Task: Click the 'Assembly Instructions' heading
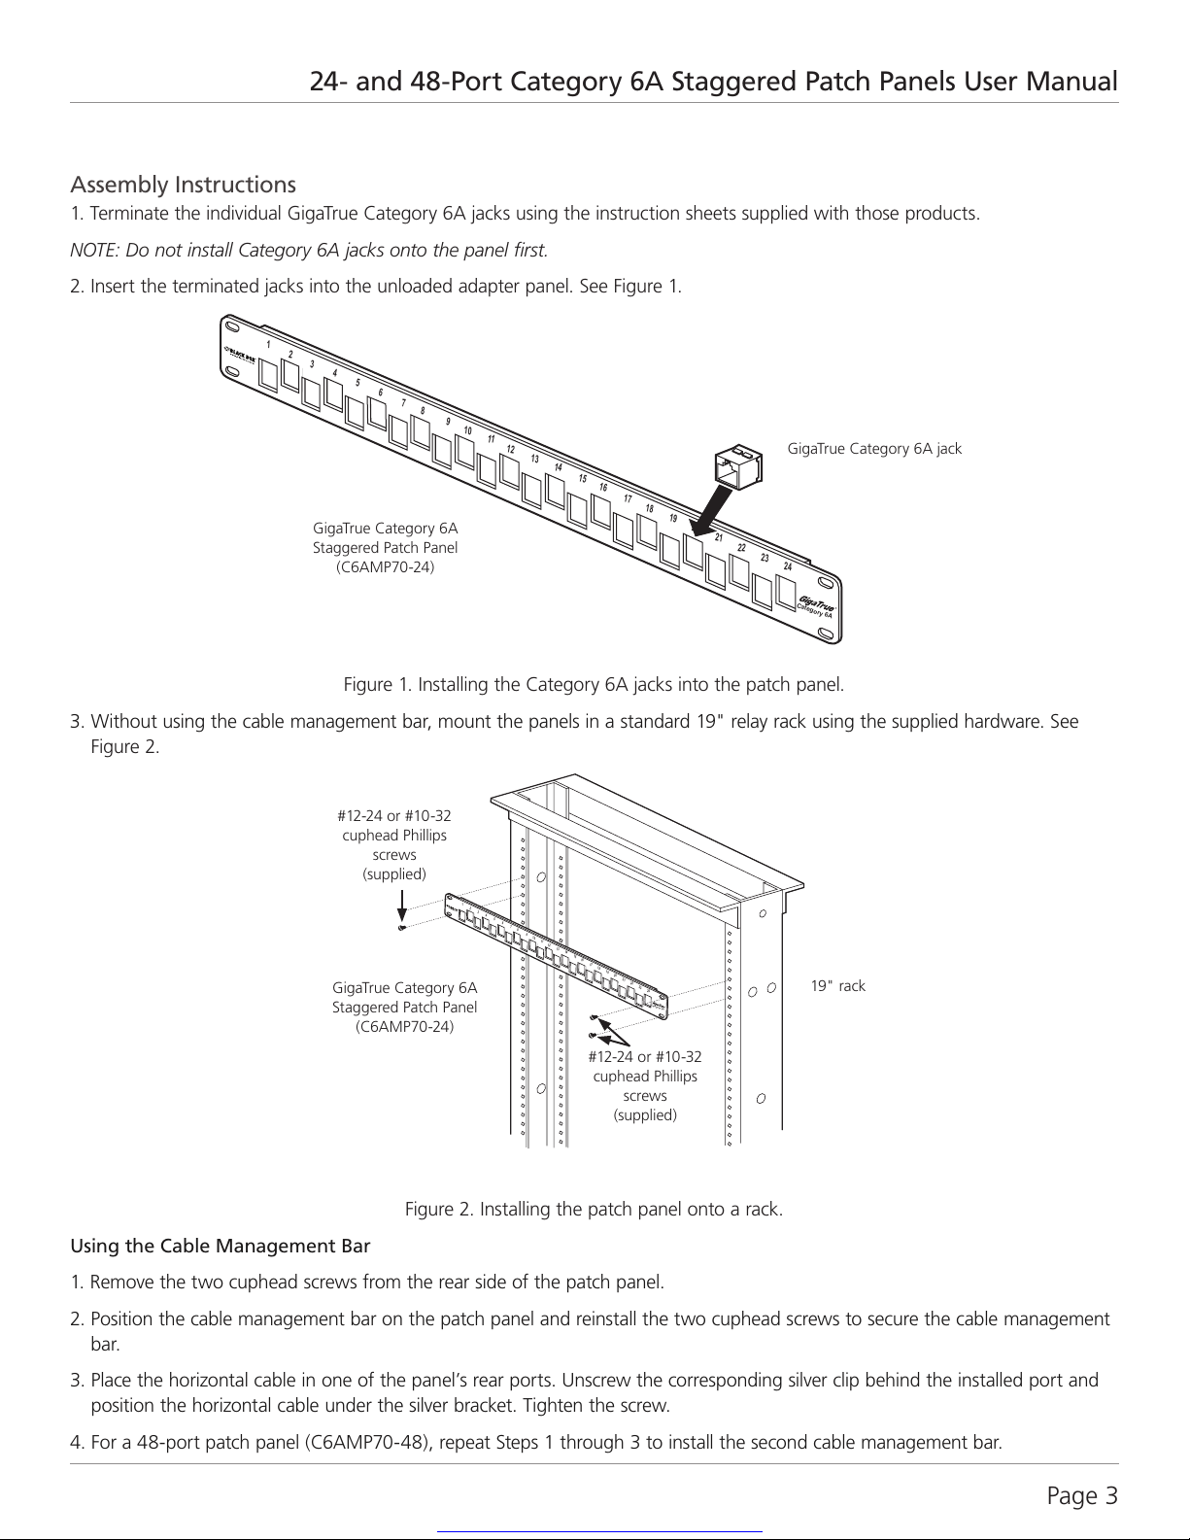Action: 183,185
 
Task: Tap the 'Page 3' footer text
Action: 1082,1496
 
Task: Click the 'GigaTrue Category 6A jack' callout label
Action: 874,449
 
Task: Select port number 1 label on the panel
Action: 268,344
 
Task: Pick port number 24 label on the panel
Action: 788,566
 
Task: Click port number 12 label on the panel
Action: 510,450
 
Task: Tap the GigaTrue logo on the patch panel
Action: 816,604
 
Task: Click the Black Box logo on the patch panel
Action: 239,354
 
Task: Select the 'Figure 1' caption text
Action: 594,685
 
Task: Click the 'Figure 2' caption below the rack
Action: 594,1209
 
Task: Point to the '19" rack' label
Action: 838,986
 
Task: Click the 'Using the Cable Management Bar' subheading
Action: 221,1246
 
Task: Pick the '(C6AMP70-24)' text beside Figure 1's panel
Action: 386,567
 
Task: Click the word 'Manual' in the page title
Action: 1071,82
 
